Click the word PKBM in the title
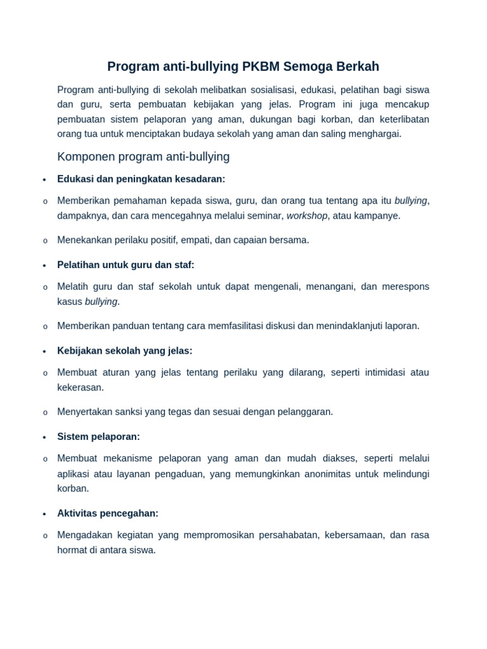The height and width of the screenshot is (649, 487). tap(259, 67)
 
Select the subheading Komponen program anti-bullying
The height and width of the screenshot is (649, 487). tap(143, 157)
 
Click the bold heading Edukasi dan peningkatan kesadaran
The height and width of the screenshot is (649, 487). tap(141, 179)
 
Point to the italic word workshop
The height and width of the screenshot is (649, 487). tap(307, 216)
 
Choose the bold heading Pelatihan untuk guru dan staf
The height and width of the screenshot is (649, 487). tap(126, 265)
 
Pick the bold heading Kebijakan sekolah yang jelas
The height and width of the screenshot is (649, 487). tap(124, 351)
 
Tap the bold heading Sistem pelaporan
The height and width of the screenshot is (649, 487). tap(98, 437)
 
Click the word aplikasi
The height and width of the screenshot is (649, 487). tap(74, 474)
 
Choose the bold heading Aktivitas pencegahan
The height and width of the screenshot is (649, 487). tap(108, 513)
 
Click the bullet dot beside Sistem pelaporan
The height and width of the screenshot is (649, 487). tap(44, 437)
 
